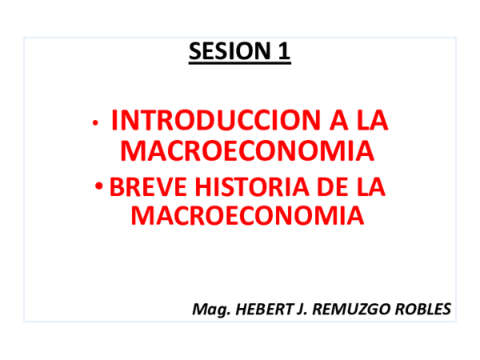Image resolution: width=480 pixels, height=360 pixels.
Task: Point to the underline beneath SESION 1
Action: pyautogui.click(x=240, y=64)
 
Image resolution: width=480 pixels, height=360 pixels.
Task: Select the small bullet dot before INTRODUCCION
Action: pyautogui.click(x=96, y=123)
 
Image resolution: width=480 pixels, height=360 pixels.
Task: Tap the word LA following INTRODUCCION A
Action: pyautogui.click(x=371, y=121)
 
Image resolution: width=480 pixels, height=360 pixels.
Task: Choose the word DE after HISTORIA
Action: pyautogui.click(x=330, y=188)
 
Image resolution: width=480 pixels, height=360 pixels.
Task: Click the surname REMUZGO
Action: pyautogui.click(x=345, y=309)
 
